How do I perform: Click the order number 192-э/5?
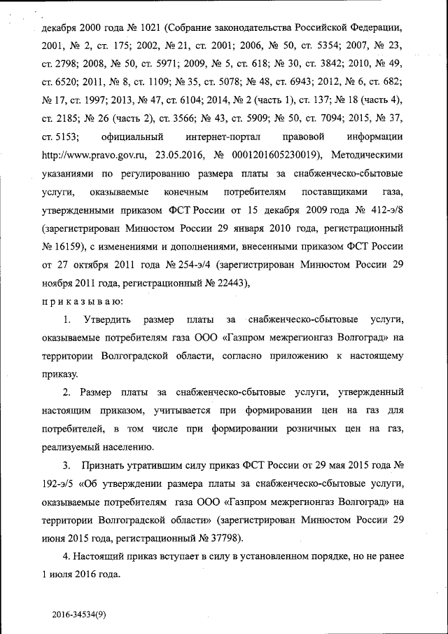click(58, 484)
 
